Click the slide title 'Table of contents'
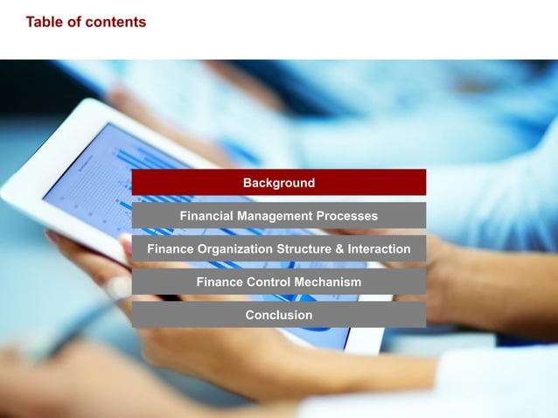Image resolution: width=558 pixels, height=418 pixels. pos(86,22)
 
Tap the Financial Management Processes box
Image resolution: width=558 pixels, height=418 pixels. pos(278,216)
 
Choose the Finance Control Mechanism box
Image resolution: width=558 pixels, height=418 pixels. pos(278,282)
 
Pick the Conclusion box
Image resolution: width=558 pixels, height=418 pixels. pos(278,315)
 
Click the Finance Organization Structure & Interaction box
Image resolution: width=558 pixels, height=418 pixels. pos(278,249)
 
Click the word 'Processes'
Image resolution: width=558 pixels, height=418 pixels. pos(347,216)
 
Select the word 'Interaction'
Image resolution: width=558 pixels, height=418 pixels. pos(378,249)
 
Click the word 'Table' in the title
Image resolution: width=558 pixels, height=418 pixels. pos(45,22)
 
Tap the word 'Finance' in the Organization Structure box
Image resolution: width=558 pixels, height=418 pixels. pos(170,249)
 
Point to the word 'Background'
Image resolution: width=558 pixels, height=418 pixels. pos(278,183)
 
